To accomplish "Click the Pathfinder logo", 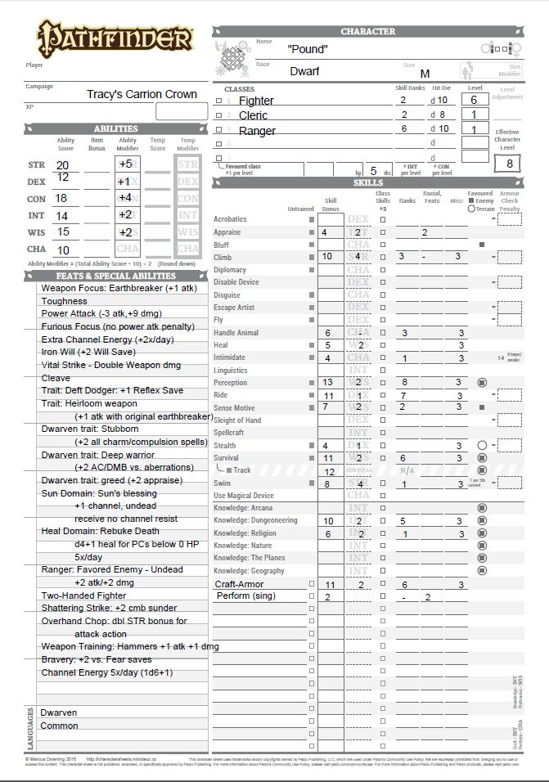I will [114, 38].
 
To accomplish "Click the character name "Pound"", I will [308, 49].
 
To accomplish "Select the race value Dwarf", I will [304, 71].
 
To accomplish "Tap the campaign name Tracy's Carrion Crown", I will [142, 94].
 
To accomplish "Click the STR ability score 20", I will [63, 164].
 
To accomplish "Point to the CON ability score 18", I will [61, 198].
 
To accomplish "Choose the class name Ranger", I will [257, 131].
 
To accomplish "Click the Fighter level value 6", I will [475, 100].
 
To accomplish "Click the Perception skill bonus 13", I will [327, 382].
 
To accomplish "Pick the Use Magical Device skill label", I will [244, 496].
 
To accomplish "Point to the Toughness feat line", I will [64, 301].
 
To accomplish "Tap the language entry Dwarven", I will [58, 712].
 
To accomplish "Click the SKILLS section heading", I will [368, 182].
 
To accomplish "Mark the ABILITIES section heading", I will [115, 128].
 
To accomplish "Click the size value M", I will [425, 74].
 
